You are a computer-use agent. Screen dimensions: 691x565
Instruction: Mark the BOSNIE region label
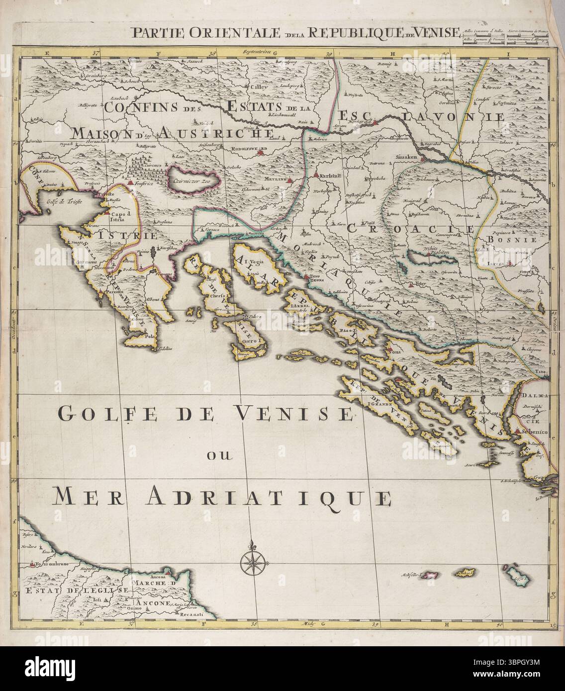tap(519, 239)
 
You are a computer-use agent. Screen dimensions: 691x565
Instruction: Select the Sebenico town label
tap(535, 433)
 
